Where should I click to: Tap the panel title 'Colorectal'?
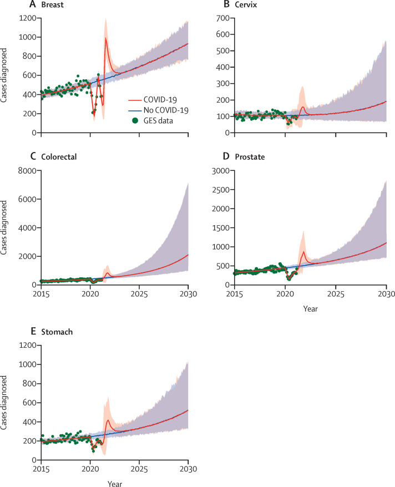pyautogui.click(x=59, y=156)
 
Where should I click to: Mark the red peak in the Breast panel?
pyautogui.click(x=105, y=38)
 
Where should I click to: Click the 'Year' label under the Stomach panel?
pyautogui.click(x=114, y=481)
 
